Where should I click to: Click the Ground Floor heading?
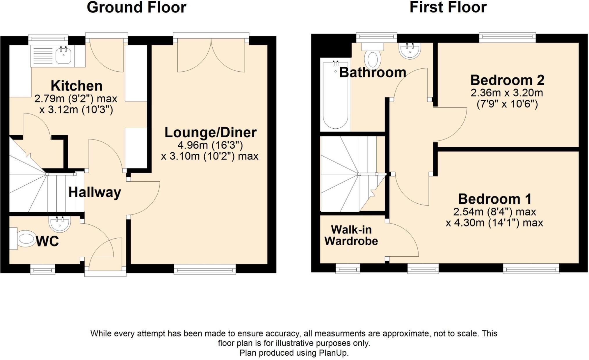tap(136, 8)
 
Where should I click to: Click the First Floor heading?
tap(448, 8)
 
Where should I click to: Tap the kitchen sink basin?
tap(63, 56)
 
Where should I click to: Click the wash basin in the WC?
tap(60, 224)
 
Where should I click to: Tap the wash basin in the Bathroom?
tap(410, 51)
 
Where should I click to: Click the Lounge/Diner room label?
tap(211, 132)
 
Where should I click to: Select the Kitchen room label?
tap(76, 86)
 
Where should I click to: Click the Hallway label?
tap(95, 192)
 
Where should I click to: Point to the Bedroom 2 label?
tap(507, 80)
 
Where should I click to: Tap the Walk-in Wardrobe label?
tap(351, 235)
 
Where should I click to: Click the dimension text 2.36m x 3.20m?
tap(507, 93)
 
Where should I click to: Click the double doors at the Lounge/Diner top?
tap(211, 55)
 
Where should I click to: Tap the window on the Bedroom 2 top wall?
tap(507, 37)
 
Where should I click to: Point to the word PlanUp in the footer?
tap(333, 353)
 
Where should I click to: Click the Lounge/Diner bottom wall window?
tap(205, 269)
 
